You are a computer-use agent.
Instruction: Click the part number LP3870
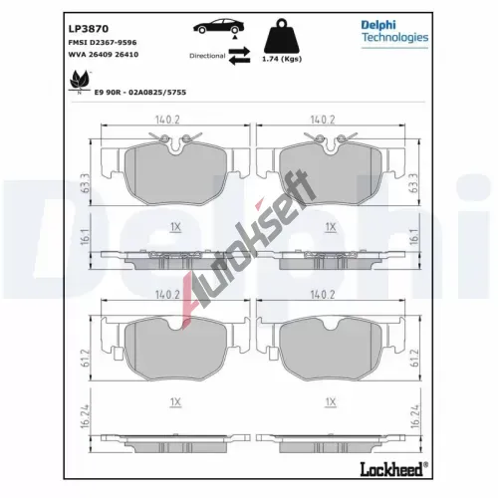click(89, 29)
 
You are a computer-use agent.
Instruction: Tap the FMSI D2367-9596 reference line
click(103, 43)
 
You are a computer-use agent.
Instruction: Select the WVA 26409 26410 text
click(104, 55)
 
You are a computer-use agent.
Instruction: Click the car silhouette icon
click(219, 26)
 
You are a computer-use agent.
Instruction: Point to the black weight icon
click(282, 36)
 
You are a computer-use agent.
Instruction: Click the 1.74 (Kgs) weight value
click(282, 59)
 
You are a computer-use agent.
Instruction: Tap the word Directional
click(207, 56)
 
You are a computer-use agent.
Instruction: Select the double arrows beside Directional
click(239, 56)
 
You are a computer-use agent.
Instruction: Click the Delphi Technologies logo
click(394, 33)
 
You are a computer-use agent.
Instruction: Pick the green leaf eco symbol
click(80, 82)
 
